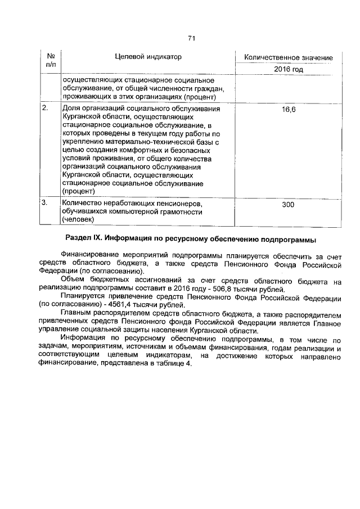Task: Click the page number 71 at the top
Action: pyautogui.click(x=191, y=38)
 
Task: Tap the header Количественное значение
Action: pyautogui.click(x=288, y=58)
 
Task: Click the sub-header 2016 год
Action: pyautogui.click(x=288, y=70)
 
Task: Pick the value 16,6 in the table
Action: pyautogui.click(x=288, y=109)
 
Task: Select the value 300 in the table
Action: pyautogui.click(x=288, y=205)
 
